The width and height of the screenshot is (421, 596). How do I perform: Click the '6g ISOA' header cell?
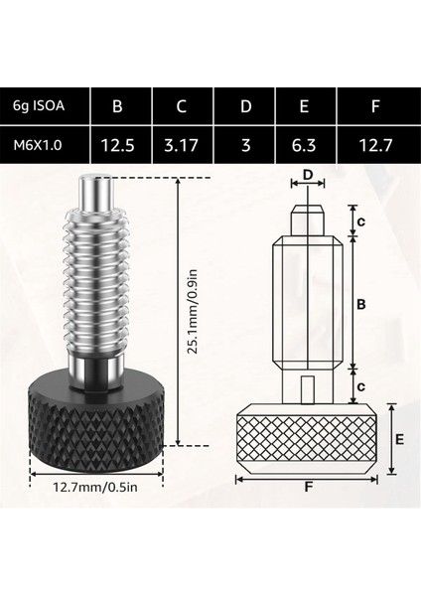tap(45, 105)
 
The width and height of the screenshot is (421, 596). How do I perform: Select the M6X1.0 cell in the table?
tap(45, 144)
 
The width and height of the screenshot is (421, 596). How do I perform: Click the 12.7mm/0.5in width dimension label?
tap(93, 487)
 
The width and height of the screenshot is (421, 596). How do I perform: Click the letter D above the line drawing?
tap(307, 176)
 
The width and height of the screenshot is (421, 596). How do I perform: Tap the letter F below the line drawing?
tap(307, 487)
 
